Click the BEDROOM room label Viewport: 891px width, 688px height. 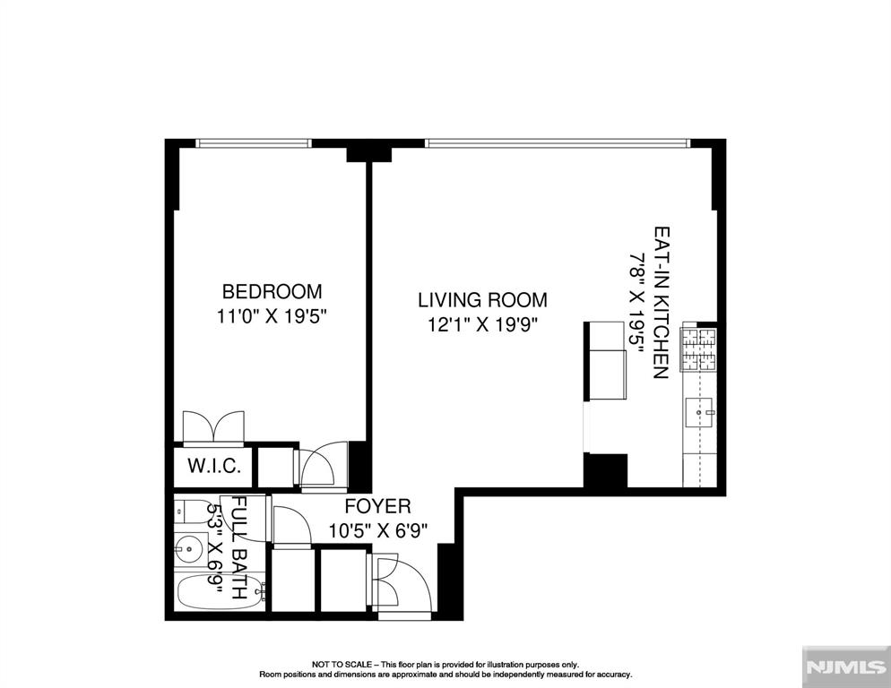coord(272,291)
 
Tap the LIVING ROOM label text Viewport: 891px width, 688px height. coord(482,299)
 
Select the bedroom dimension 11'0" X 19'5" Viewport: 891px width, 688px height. coord(273,316)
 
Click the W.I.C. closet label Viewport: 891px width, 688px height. coord(214,467)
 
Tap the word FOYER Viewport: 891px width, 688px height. coord(378,505)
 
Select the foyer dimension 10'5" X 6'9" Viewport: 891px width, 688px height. coord(378,530)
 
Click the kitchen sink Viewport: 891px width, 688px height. coord(700,412)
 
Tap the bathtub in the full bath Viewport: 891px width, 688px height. coord(221,592)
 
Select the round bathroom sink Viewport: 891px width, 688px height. coord(189,549)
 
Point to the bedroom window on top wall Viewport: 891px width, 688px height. coord(254,143)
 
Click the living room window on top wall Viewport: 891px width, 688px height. coord(558,143)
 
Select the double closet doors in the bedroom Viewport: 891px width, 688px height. coord(213,426)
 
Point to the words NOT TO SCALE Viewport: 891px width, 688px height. coord(342,664)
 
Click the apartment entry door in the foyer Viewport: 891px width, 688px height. coord(402,585)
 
